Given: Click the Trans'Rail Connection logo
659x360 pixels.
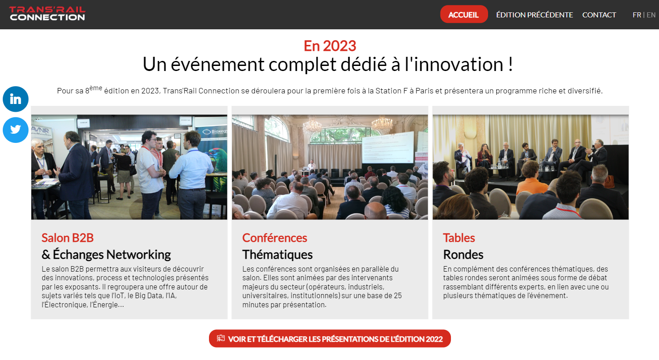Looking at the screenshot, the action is coord(47,14).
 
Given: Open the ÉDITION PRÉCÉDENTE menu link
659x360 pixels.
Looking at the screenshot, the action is coord(534,15).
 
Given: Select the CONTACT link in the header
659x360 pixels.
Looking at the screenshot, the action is coord(599,15).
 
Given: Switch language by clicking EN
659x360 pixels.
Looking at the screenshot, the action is coord(651,15).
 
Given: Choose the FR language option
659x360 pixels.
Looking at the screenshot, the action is coord(637,15).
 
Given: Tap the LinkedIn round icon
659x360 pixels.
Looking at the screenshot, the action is coord(16,99).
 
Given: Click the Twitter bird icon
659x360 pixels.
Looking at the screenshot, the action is coord(16,130).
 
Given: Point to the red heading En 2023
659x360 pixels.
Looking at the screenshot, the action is coord(330,46).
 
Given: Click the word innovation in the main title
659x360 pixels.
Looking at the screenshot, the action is coord(458,64).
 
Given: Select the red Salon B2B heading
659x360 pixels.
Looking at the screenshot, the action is coord(67,238).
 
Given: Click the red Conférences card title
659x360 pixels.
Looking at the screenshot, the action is coord(275,238).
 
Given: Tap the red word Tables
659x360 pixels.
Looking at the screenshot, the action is coord(459,238).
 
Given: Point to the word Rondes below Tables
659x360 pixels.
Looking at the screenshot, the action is coord(463,254).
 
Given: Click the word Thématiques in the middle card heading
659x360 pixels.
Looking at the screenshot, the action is coord(277,254).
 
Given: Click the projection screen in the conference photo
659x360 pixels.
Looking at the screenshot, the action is coord(388,147).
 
